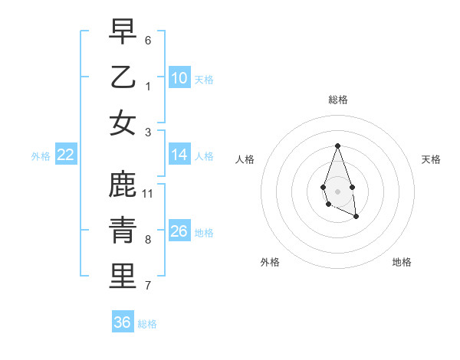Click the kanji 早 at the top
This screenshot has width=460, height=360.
click(x=123, y=31)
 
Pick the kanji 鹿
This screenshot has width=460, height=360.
click(x=123, y=185)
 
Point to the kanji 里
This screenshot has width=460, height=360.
click(x=123, y=277)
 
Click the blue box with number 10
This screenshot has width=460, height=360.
click(x=179, y=78)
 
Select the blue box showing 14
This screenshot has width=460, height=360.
click(x=179, y=155)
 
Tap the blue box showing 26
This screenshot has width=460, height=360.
click(x=179, y=231)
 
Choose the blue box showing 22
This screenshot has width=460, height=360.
click(x=66, y=155)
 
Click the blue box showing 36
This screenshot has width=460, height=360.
click(x=123, y=322)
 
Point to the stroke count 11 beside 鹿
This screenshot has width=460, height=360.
click(x=148, y=193)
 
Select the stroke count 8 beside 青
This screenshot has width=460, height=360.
click(x=148, y=239)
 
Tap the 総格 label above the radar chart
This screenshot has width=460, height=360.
click(x=337, y=100)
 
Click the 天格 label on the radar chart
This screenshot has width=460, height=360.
click(x=431, y=159)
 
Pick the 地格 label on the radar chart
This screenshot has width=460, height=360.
click(x=402, y=262)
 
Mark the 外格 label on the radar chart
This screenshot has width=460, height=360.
click(x=270, y=262)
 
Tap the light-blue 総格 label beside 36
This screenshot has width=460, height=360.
click(x=147, y=324)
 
